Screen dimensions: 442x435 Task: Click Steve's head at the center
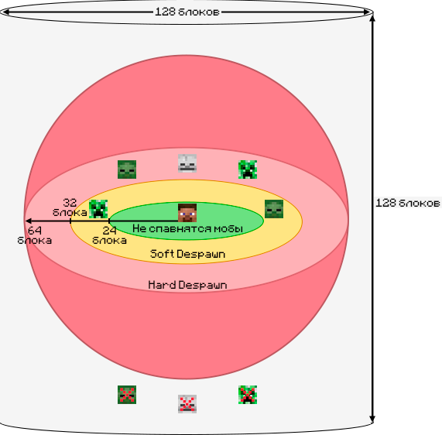[x=187, y=213]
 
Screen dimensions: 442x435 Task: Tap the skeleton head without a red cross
[x=187, y=163]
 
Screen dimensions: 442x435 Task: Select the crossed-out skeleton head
[x=187, y=404]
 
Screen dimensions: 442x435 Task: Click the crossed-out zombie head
[x=127, y=395]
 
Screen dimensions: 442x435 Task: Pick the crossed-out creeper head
[x=248, y=395]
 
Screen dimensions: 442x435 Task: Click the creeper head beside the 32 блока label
[x=98, y=209]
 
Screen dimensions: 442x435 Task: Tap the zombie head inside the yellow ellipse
[x=274, y=209]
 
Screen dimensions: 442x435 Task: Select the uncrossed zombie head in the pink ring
[x=127, y=170]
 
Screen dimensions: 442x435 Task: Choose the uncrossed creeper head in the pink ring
[x=248, y=170]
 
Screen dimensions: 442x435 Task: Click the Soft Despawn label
[x=187, y=254]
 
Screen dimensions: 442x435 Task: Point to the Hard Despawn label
[x=187, y=285]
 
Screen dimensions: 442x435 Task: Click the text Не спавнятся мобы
[x=187, y=228]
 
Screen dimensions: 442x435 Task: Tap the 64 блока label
[x=34, y=235]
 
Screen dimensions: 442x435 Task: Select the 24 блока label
[x=109, y=235]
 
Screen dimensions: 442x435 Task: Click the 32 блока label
[x=70, y=207]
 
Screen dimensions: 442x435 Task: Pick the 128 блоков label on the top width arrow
[x=187, y=12]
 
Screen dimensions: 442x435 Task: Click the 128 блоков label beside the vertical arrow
[x=408, y=203]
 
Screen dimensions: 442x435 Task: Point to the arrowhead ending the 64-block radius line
[x=28, y=221]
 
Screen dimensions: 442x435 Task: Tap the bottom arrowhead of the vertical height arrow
[x=372, y=420]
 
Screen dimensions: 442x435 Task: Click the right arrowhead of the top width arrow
[x=366, y=12]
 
